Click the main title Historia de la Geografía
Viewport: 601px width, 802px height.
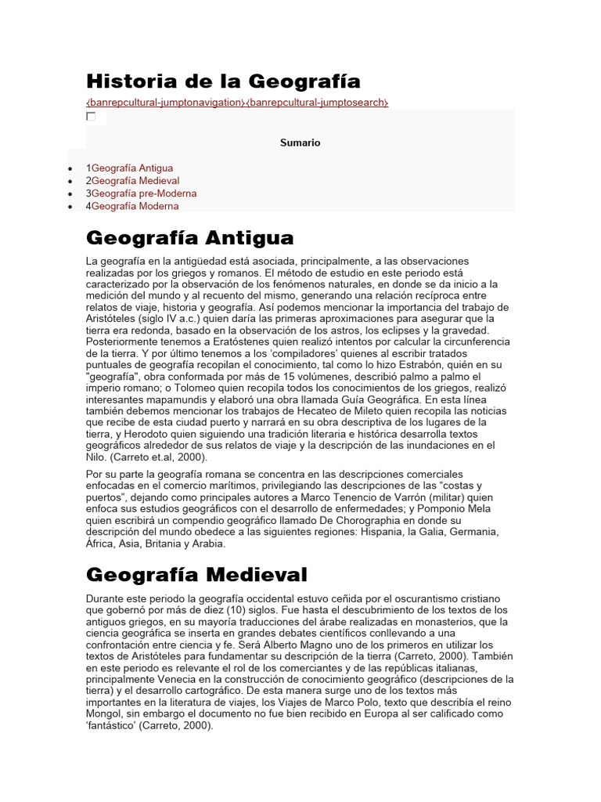coord(223,81)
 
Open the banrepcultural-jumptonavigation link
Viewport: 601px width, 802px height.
coord(165,103)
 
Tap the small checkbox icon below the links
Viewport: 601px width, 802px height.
coord(91,117)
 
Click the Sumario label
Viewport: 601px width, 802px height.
coord(300,143)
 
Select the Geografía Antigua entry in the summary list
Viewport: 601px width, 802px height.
coord(132,168)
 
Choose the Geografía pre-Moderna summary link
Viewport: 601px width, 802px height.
coord(144,193)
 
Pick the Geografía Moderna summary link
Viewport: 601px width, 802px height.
coord(135,206)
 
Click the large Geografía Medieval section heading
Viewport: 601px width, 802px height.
coord(196,575)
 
